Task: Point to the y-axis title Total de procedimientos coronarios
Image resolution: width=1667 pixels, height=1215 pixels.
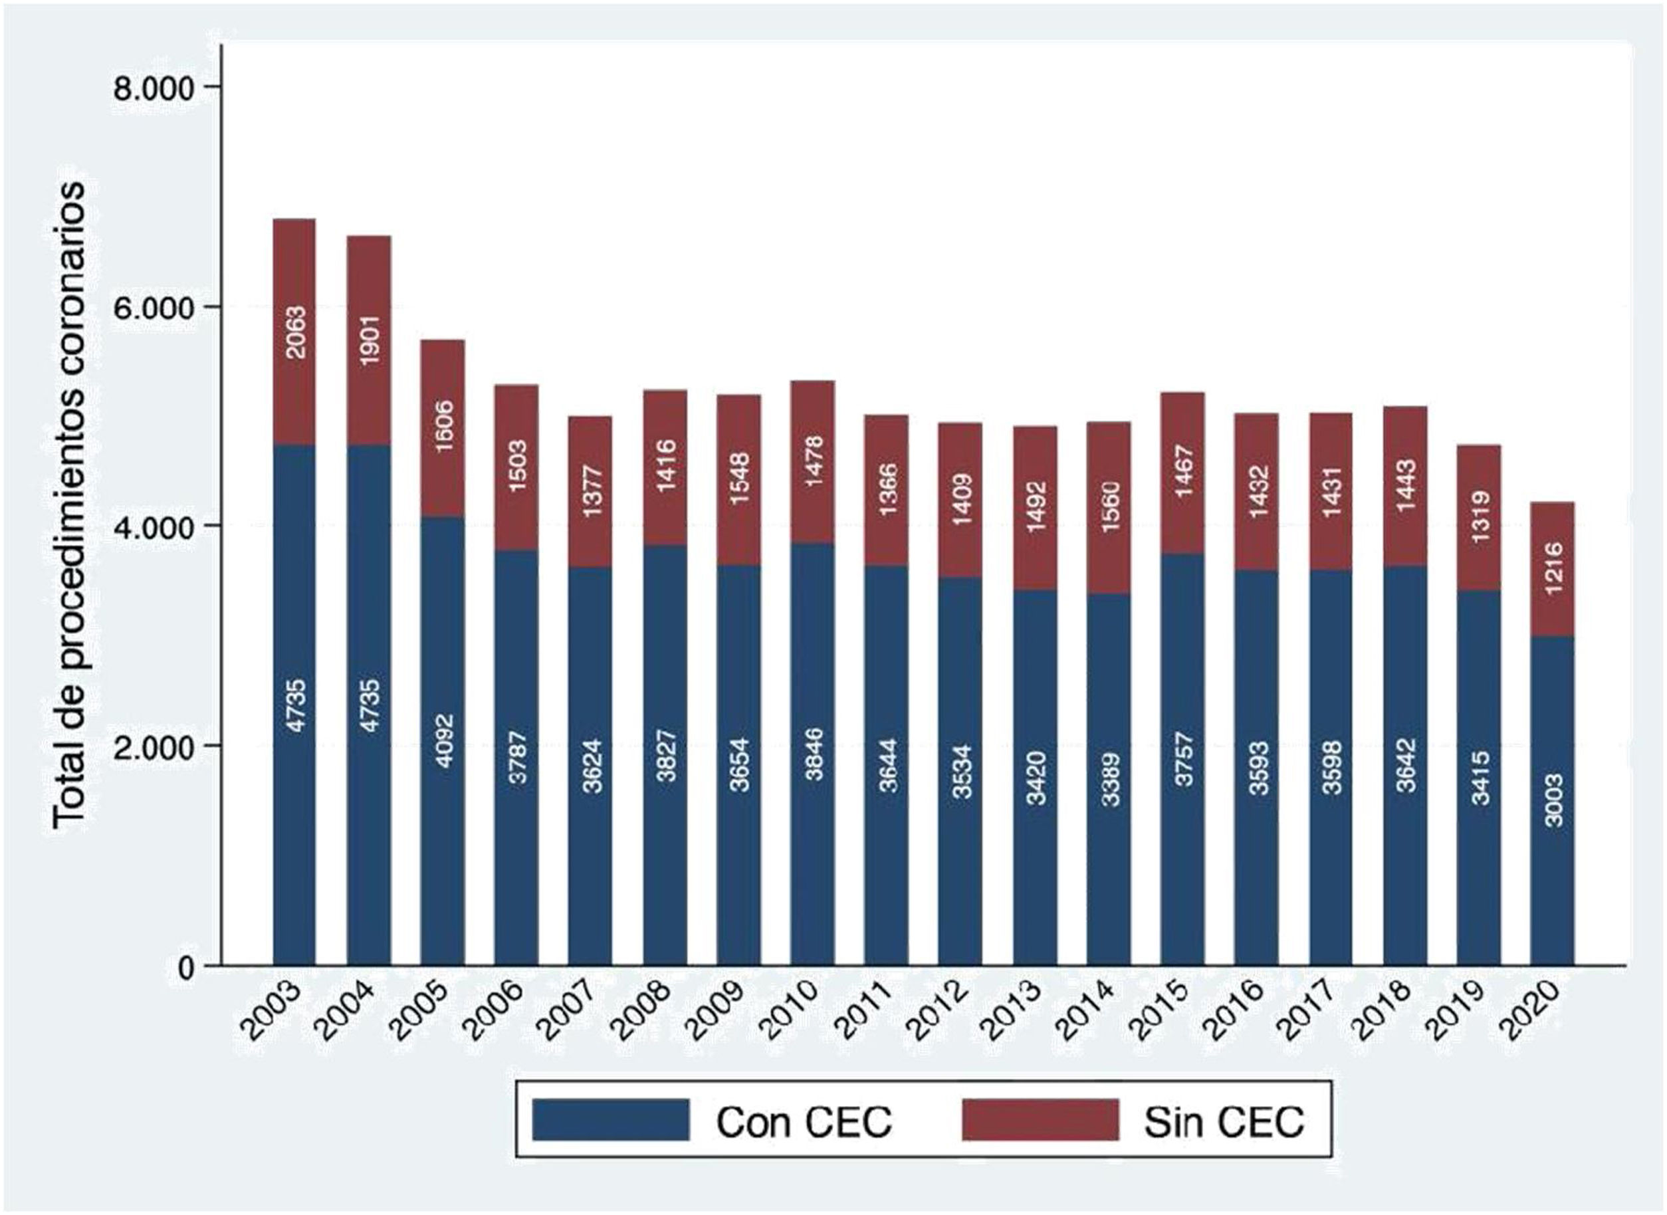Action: [x=70, y=508]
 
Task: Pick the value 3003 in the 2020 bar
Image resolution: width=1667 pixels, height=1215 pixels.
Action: [x=1553, y=800]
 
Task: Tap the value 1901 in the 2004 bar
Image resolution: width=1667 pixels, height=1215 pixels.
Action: [x=369, y=340]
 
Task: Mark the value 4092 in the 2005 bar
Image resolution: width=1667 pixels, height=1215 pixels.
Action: [x=443, y=740]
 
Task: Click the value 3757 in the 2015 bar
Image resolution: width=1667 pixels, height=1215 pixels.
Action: [x=1183, y=758]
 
